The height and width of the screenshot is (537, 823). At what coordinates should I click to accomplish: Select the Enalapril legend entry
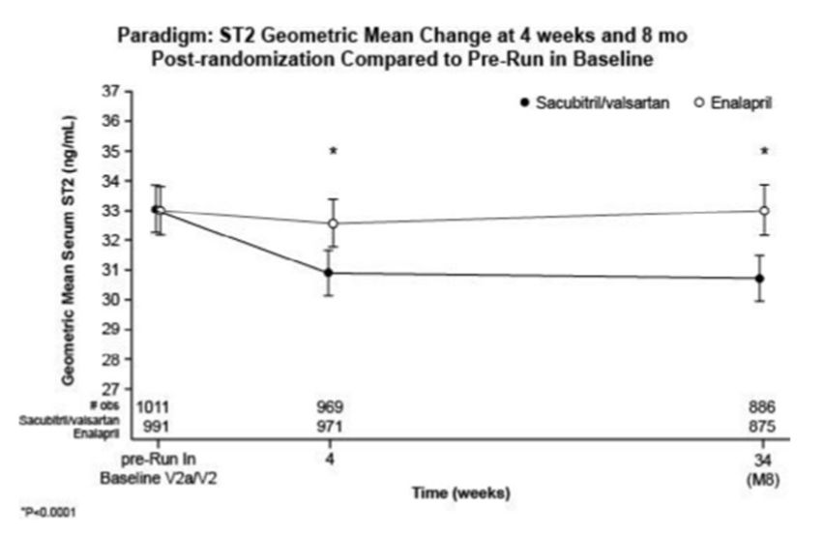coord(736,102)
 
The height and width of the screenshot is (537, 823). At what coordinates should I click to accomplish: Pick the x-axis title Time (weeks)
coord(454,492)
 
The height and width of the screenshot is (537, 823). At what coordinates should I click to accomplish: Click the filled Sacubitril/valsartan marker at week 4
coord(330,273)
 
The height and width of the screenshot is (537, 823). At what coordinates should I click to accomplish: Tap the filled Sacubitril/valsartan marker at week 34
coord(760,279)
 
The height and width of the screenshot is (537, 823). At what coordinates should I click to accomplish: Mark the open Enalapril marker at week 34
coord(764,211)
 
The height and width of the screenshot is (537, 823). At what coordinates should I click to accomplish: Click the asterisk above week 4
coord(333,152)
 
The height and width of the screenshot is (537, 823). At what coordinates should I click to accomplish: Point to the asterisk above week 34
coord(764,152)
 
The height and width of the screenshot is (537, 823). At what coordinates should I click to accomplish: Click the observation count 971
coord(332,426)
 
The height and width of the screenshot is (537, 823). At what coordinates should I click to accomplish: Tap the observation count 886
coord(762,406)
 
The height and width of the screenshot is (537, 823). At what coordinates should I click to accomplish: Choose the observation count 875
coord(762,426)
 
